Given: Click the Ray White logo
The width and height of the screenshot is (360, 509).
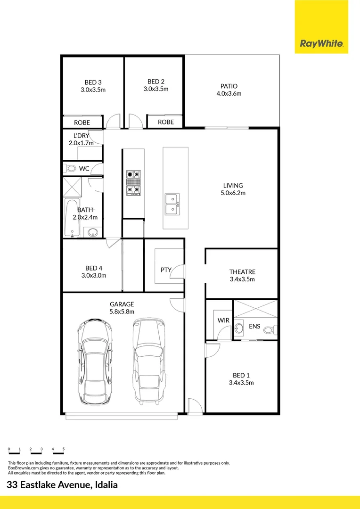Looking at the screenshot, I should point(321,44).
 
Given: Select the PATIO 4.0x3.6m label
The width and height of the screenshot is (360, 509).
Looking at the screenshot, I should point(229,90).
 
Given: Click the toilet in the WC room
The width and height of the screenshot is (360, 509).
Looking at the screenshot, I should point(72,168).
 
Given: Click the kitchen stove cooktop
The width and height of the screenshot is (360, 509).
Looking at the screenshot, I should point(133,182).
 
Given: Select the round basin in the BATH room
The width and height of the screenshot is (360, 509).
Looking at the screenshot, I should point(93,232).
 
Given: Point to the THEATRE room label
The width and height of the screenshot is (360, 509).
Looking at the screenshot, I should point(242,272).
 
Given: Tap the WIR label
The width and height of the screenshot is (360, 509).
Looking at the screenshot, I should point(223,320).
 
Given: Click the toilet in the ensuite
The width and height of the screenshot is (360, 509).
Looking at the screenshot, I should point(270,329).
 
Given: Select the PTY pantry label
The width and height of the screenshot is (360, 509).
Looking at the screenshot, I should point(166,270).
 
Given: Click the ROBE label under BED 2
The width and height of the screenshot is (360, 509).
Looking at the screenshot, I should point(166,122).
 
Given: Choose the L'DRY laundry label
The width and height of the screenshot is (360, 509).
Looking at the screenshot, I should point(82,135).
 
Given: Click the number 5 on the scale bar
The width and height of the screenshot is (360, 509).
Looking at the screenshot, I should point(63,449).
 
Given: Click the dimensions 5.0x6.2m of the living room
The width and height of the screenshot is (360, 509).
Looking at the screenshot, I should point(233,193).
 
